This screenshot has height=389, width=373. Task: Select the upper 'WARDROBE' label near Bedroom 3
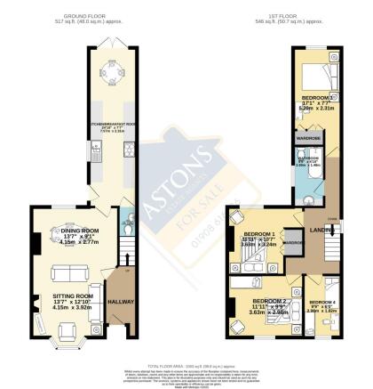tap(309, 138)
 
